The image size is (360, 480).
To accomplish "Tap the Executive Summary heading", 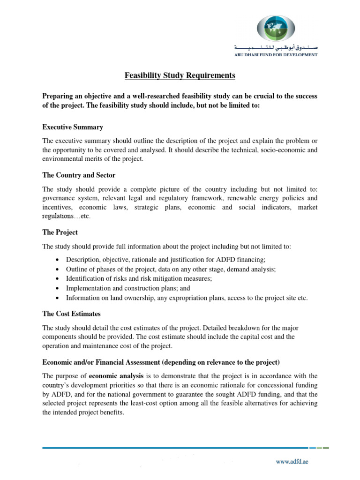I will pyautogui.click(x=73, y=127).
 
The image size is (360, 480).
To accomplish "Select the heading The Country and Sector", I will pyautogui.click(x=79, y=175).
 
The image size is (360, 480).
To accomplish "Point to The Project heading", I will pyautogui.click(x=60, y=232).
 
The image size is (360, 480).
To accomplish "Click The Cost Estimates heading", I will pyautogui.click(x=71, y=314).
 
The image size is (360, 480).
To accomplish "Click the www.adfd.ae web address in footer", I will pyautogui.click(x=291, y=461).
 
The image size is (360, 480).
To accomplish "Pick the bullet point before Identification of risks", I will pyautogui.click(x=57, y=279).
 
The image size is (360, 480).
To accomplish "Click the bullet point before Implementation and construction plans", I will pyautogui.click(x=57, y=288).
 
